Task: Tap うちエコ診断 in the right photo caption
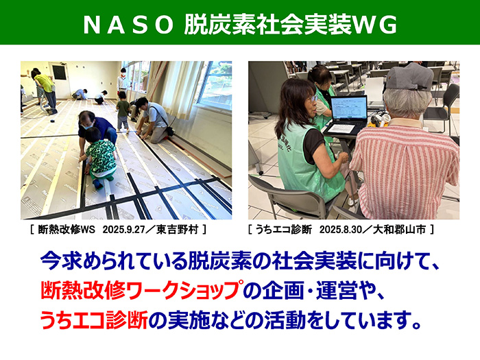pos(285,228)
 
